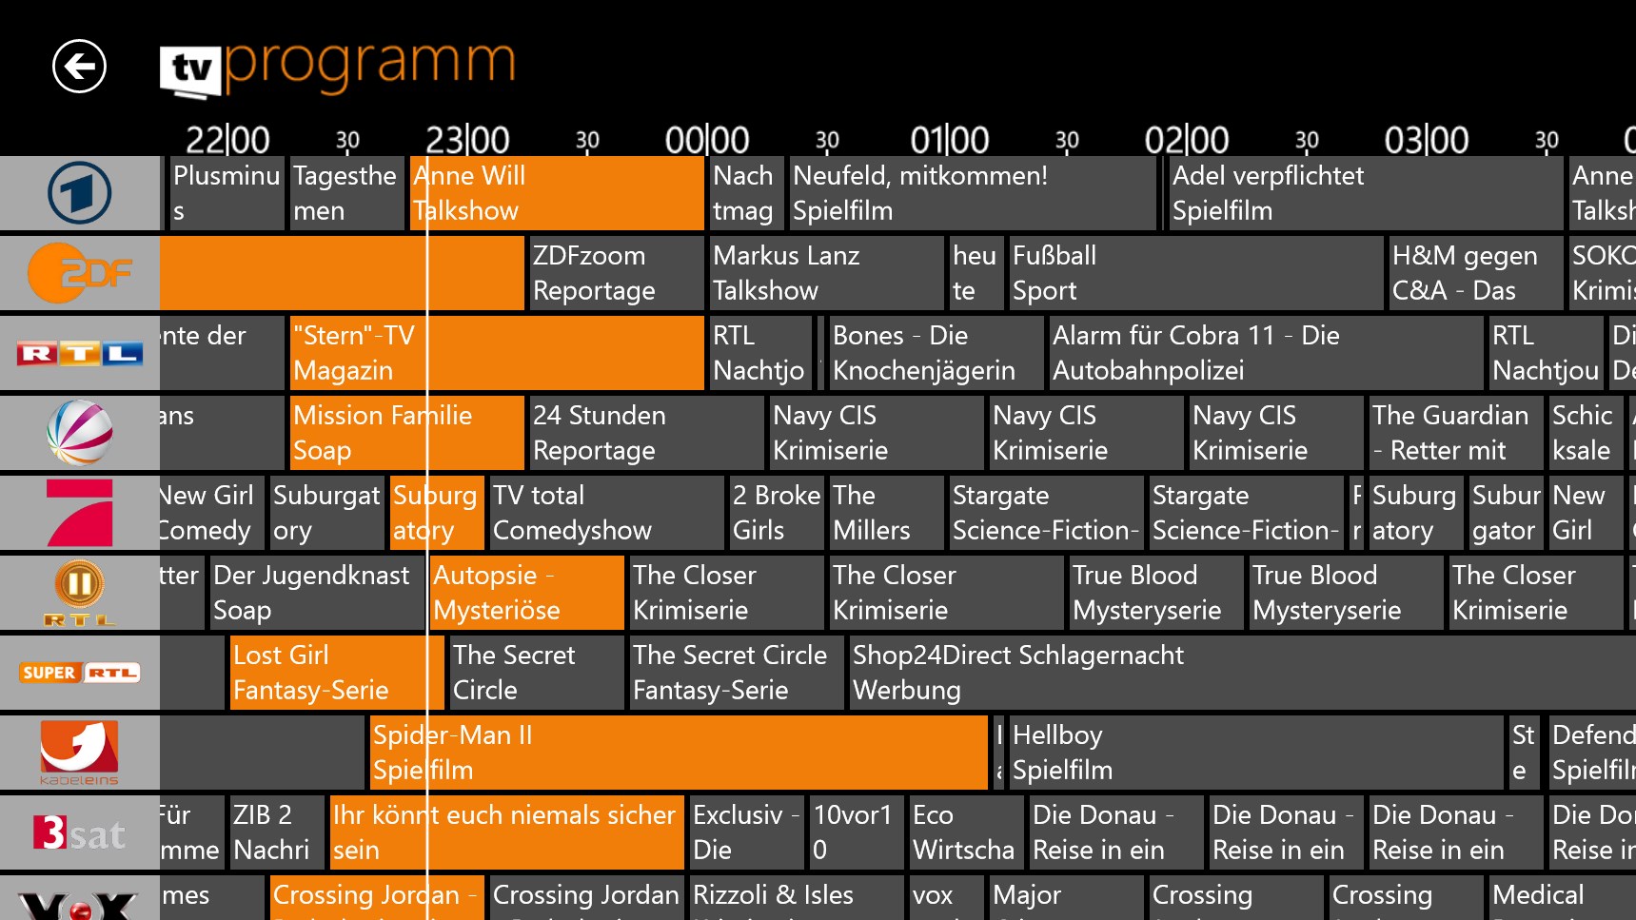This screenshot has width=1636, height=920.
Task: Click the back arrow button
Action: (79, 67)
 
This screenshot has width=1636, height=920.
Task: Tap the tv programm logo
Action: (338, 67)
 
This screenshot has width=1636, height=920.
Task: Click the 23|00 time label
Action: (466, 141)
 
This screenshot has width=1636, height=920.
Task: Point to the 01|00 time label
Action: (949, 141)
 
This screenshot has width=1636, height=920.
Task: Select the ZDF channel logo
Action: (80, 274)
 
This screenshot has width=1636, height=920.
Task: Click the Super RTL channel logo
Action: (80, 674)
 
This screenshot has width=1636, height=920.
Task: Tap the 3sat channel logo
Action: (80, 833)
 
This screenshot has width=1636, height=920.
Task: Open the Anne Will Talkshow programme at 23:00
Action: (557, 193)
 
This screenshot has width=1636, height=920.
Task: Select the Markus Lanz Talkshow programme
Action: (826, 273)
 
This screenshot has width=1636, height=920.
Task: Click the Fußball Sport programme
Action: (1194, 273)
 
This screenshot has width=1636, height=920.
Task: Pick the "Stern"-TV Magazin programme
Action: (495, 353)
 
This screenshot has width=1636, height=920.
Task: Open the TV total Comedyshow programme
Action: (605, 513)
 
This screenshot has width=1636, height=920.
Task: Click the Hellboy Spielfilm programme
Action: (1254, 753)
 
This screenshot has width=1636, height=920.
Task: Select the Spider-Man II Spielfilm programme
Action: (678, 753)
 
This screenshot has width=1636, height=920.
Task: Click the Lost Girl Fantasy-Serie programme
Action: (326, 673)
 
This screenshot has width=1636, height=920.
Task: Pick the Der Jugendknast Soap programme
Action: (315, 593)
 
